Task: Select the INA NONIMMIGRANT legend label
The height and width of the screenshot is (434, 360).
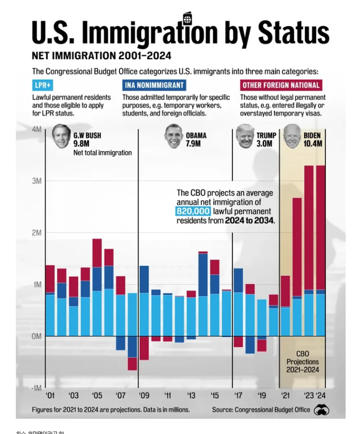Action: coord(154,85)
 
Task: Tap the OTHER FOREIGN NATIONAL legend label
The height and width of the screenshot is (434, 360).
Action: coord(280,85)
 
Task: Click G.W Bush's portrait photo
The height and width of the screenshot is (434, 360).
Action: coord(61,137)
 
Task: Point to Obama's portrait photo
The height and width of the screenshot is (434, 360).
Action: coord(174,136)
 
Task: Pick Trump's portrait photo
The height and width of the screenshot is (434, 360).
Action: coord(245,136)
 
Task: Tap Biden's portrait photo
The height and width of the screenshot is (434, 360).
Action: coord(292,136)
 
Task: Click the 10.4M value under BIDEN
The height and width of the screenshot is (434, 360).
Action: coord(313,144)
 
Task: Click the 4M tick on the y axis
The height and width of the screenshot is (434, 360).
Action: coord(36,129)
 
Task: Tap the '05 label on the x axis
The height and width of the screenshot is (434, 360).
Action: coord(97,395)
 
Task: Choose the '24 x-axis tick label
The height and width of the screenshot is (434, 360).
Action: coord(321,395)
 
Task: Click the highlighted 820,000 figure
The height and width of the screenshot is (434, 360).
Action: coord(192,211)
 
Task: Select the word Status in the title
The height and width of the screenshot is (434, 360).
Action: coord(294,33)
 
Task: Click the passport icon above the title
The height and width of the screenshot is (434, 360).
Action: coord(187,18)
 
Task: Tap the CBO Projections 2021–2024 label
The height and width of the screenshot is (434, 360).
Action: coord(302,362)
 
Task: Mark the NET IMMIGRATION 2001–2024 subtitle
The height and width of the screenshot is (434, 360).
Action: coord(102,56)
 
